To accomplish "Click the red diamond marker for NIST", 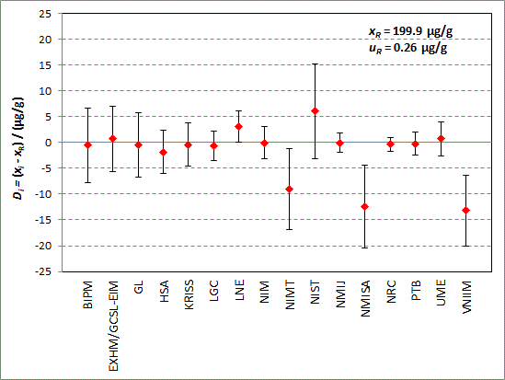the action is pyautogui.click(x=315, y=111).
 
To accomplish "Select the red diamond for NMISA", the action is pyautogui.click(x=364, y=206).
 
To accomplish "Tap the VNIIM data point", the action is pyautogui.click(x=465, y=211).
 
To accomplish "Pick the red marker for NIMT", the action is pyautogui.click(x=289, y=189).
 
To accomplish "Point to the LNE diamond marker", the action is pyautogui.click(x=238, y=127).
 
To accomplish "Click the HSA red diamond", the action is pyautogui.click(x=164, y=152).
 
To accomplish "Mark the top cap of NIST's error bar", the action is pyautogui.click(x=315, y=64).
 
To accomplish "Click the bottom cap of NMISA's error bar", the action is pyautogui.click(x=364, y=248).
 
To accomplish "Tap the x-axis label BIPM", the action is pyautogui.click(x=87, y=294).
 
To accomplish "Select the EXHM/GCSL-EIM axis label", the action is pyautogui.click(x=113, y=327).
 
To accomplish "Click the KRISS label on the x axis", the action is pyautogui.click(x=189, y=295).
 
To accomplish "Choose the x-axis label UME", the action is pyautogui.click(x=441, y=293).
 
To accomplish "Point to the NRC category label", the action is pyautogui.click(x=391, y=292).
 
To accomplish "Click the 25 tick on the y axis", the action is pyautogui.click(x=45, y=14).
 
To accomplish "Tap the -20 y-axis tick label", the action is pyautogui.click(x=43, y=246).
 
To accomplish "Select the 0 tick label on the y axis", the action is pyautogui.click(x=49, y=143).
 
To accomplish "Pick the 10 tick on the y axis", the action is pyautogui.click(x=45, y=91).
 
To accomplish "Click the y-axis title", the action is pyautogui.click(x=18, y=148).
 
